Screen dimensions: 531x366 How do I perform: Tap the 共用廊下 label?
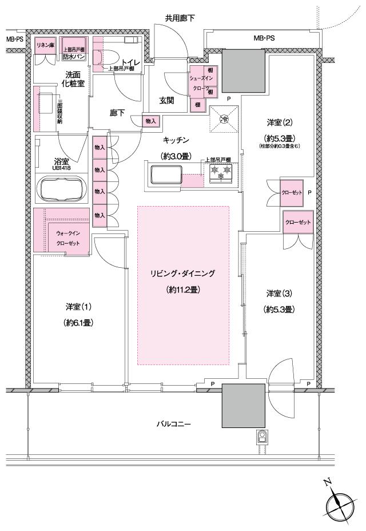click(180, 18)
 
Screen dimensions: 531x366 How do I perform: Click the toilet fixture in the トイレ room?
click(106, 56)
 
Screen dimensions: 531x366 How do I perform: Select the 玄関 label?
click(166, 101)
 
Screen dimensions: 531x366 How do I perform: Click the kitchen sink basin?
click(165, 175)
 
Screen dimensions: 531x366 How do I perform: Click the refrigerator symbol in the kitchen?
click(224, 120)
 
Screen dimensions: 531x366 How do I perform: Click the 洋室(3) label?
click(279, 294)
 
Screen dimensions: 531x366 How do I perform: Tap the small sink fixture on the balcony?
click(263, 438)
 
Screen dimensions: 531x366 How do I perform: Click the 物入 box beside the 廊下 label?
click(151, 121)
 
